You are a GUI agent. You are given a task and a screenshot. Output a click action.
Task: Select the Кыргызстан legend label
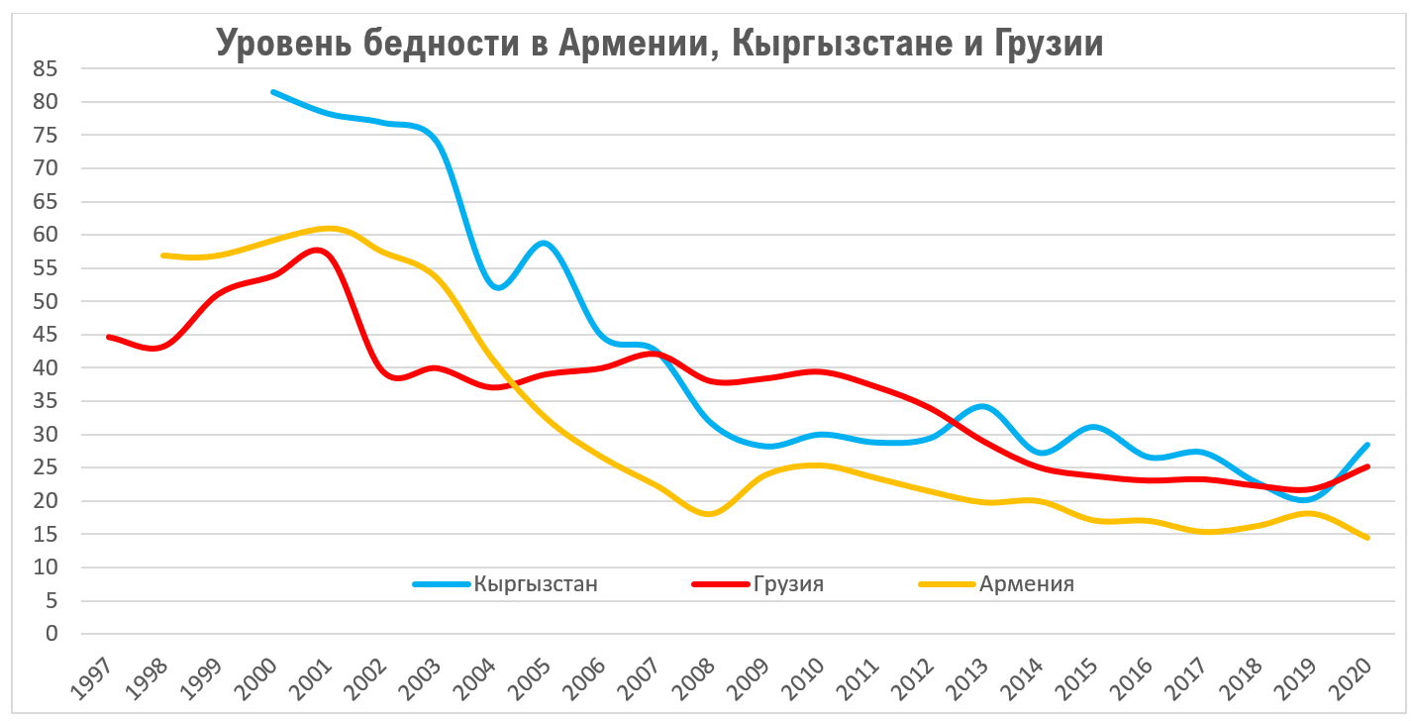tap(536, 583)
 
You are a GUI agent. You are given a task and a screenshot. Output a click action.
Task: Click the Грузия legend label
tap(788, 583)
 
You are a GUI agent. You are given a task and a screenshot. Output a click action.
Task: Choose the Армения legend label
tap(1027, 583)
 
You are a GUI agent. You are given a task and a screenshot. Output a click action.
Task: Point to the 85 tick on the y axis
tap(46, 68)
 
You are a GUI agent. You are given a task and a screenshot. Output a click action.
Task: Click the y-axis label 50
tap(46, 301)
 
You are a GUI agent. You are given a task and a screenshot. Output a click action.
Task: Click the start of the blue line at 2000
tap(272, 92)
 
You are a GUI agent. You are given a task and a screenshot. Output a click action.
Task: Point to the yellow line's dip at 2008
tap(711, 514)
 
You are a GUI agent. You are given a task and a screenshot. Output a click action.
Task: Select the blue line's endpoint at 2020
tap(1368, 445)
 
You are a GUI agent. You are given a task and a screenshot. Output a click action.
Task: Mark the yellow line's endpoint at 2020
tap(1368, 538)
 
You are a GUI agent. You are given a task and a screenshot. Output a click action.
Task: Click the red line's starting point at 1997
tap(108, 337)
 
